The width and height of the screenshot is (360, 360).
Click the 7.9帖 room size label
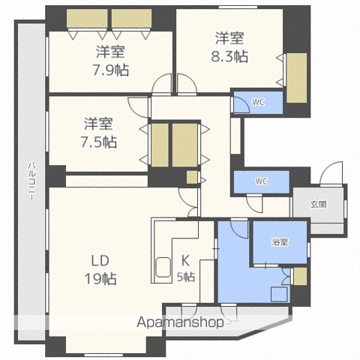[111, 70]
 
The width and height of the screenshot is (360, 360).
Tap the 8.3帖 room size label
[229, 56]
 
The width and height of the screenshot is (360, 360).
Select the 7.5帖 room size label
[98, 142]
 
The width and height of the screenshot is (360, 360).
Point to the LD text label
[100, 261]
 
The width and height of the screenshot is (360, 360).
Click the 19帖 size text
[100, 279]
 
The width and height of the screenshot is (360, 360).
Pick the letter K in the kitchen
[185, 261]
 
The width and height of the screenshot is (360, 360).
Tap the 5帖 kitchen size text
[186, 277]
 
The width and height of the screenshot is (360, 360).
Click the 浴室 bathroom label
[280, 241]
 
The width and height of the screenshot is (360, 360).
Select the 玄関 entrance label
[319, 204]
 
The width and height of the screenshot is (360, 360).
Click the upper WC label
[259, 102]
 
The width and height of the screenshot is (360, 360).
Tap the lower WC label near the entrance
[262, 181]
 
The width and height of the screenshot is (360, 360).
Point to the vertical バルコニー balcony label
[31, 181]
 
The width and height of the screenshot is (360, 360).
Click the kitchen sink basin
[163, 267]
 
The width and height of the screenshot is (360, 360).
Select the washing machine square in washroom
[279, 294]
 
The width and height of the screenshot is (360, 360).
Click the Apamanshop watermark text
[180, 322]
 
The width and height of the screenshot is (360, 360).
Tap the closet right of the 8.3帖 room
[296, 78]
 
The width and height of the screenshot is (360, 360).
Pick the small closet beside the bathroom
[300, 276]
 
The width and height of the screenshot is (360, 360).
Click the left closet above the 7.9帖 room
[87, 18]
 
